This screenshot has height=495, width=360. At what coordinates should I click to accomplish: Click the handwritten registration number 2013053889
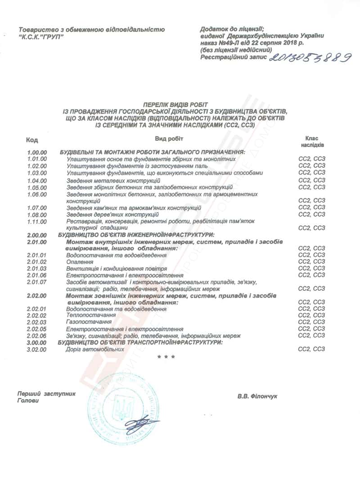pyautogui.click(x=310, y=57)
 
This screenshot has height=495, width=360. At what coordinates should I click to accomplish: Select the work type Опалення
pyautogui.click(x=78, y=261)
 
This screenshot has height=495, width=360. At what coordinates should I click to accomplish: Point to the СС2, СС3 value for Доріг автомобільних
pyautogui.click(x=312, y=349)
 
